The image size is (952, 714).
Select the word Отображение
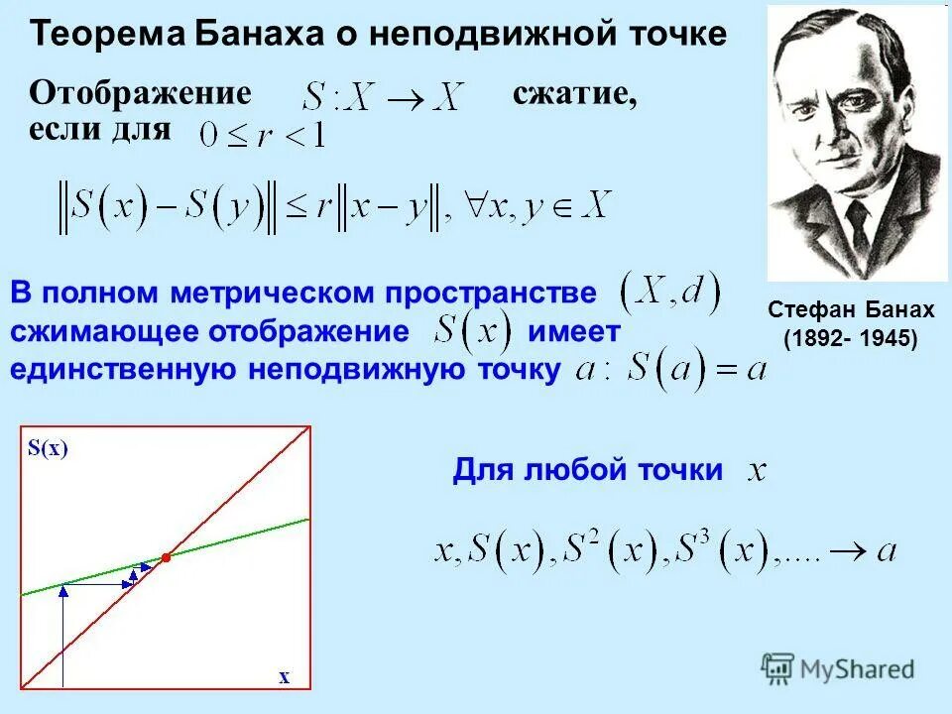pos(140,94)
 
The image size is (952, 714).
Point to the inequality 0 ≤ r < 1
pos(263,135)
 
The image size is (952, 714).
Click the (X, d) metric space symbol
pos(669,292)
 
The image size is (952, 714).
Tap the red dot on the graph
pos(167,558)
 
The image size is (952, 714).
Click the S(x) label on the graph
pos(48,448)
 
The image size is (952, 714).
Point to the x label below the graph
pos(284,677)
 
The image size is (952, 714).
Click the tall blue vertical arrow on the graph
pos(62,635)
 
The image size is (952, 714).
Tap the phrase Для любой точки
pos(588,469)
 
